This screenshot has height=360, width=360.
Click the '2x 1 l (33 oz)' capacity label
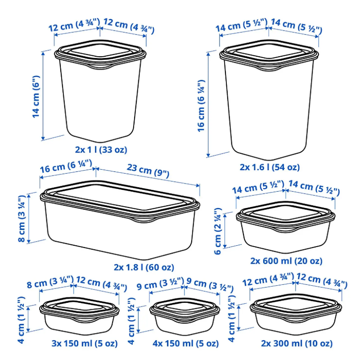[101, 150]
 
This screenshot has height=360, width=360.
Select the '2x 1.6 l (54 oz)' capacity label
[270, 167]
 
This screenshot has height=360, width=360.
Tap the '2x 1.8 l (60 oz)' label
[144, 267]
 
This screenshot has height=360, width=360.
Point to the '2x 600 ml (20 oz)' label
[286, 261]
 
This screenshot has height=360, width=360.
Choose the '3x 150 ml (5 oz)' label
[85, 343]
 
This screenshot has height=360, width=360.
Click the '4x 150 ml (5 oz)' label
[186, 343]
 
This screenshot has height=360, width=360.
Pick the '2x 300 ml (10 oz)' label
[297, 343]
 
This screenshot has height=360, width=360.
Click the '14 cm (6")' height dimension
[36, 97]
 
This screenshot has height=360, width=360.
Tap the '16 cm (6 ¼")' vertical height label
[201, 106]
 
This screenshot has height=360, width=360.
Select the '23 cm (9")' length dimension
[148, 171]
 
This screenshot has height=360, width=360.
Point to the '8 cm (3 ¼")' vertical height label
[22, 219]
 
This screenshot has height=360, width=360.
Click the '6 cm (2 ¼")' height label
[218, 231]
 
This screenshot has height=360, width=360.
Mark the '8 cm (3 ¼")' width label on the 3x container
[50, 282]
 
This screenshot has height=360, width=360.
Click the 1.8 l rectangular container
[120, 220]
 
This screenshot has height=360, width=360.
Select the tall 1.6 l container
[269, 100]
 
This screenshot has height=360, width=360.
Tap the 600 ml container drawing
[286, 227]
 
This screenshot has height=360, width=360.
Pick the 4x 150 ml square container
[184, 317]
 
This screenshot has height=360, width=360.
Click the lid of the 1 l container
[100, 54]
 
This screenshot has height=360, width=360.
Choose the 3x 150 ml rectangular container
[79, 316]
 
